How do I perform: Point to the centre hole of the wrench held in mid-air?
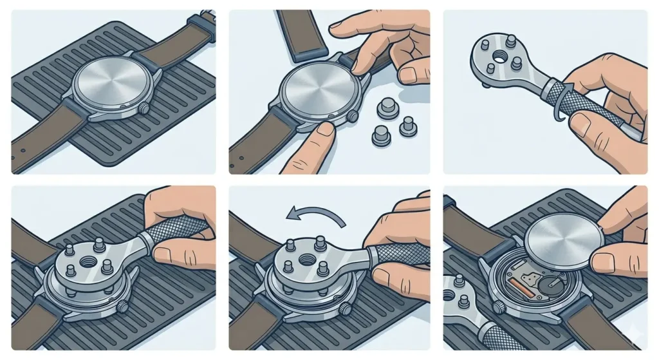pyautogui.click(x=491, y=67)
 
